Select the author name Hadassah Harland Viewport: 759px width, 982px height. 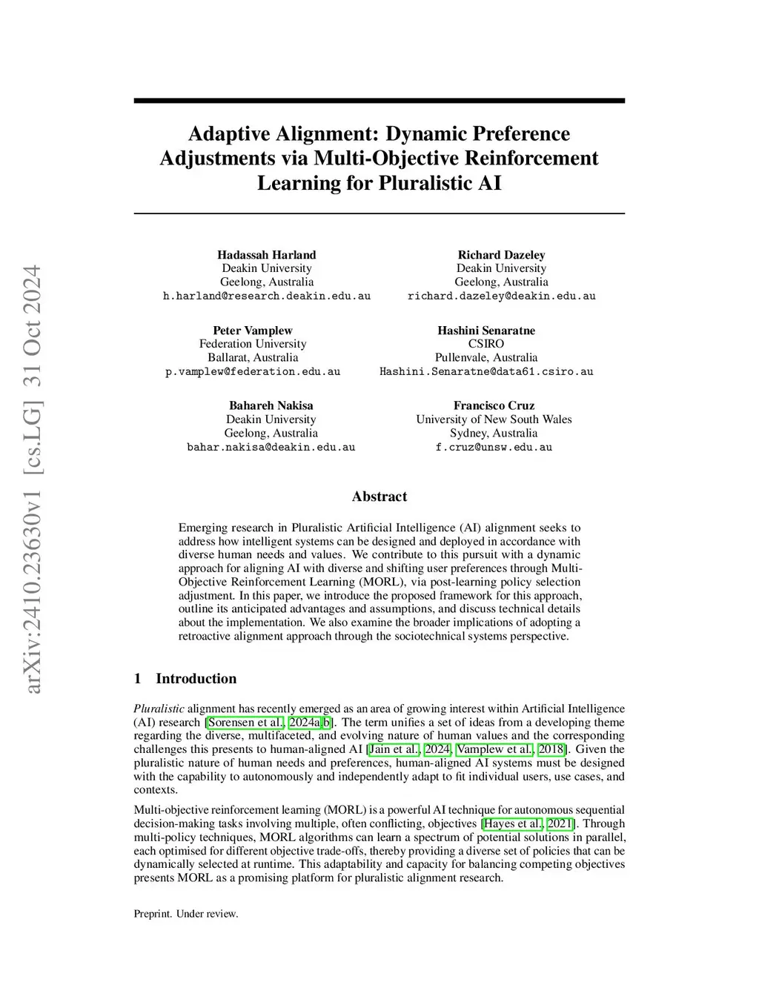tap(267, 255)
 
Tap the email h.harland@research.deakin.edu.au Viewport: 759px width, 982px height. tap(267, 296)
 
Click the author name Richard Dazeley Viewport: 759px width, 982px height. tap(501, 255)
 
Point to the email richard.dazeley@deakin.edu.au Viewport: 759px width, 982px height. tap(501, 296)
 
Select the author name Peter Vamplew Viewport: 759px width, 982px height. tap(253, 331)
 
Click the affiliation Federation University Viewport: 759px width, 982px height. tap(253, 344)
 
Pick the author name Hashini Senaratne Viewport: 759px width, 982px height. tap(486, 331)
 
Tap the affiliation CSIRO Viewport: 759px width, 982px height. tap(486, 344)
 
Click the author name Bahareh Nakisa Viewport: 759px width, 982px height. tap(271, 406)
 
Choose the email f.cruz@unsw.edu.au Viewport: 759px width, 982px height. tap(494, 447)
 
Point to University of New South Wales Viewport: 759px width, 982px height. tap(494, 419)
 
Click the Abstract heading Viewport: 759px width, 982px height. tap(379, 497)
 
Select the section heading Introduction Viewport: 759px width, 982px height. tap(196, 679)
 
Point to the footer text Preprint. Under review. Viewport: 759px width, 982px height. tap(186, 914)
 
